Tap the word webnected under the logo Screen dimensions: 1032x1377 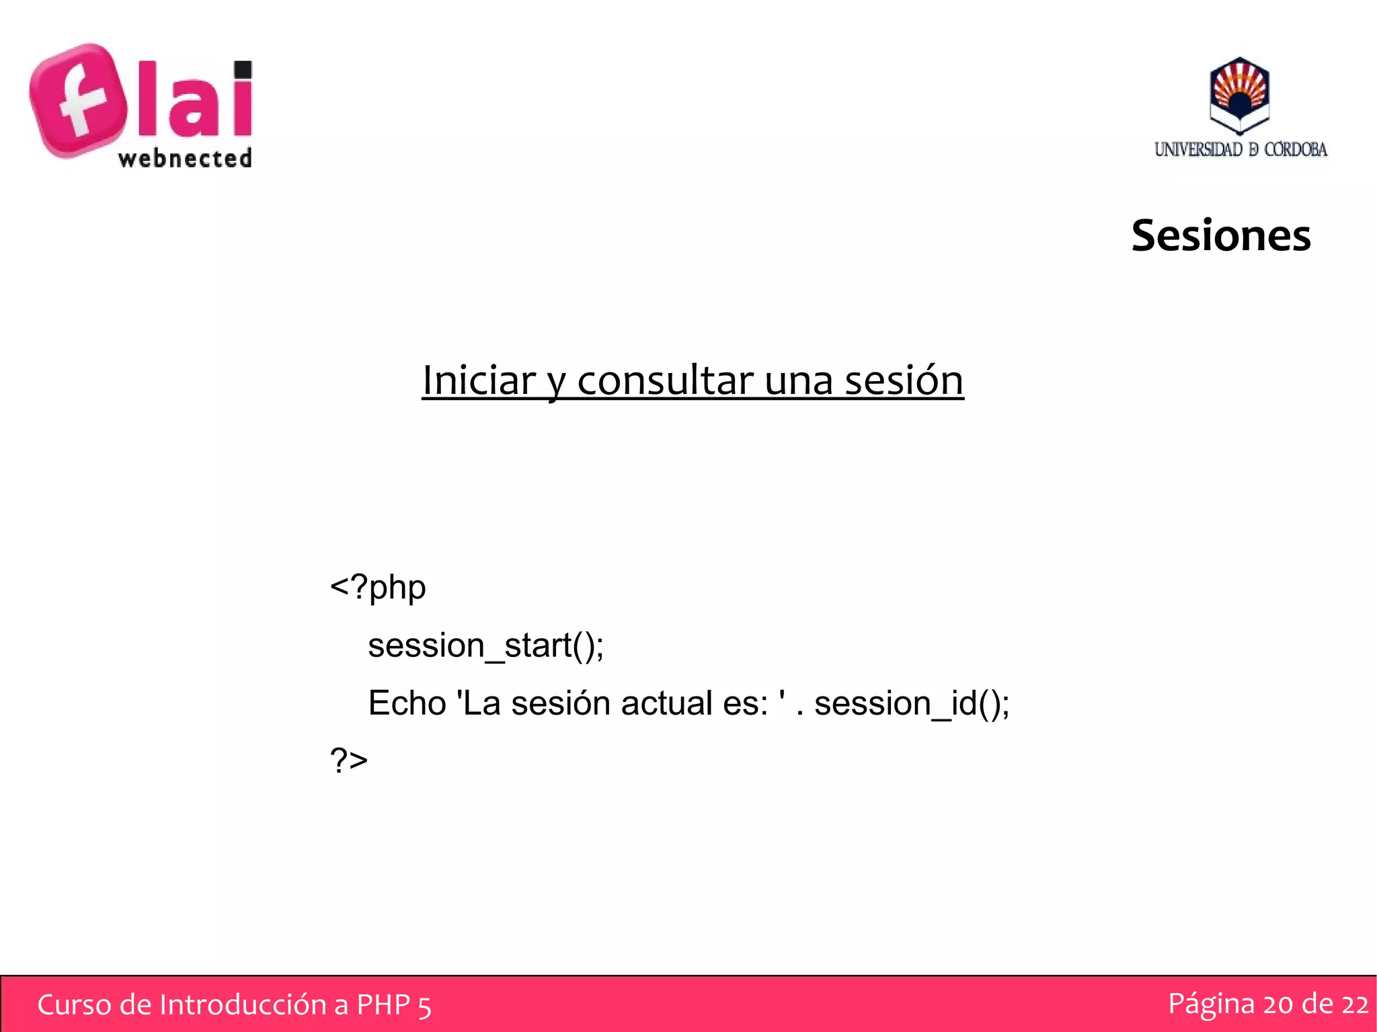[x=185, y=159]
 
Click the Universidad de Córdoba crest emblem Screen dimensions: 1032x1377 [x=1239, y=95]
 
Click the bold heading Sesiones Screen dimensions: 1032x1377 [x=1220, y=235]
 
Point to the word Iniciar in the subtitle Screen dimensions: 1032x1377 [x=478, y=380]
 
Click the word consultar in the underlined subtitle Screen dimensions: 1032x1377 [x=665, y=380]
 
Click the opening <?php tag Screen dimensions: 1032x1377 [x=378, y=587]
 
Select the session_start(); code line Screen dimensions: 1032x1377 [x=485, y=645]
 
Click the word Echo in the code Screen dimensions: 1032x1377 [x=407, y=703]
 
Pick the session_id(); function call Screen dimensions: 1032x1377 [x=911, y=703]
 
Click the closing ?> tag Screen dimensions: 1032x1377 [x=348, y=760]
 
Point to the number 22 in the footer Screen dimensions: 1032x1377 [x=1354, y=1004]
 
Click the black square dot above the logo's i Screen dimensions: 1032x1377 [x=243, y=69]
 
